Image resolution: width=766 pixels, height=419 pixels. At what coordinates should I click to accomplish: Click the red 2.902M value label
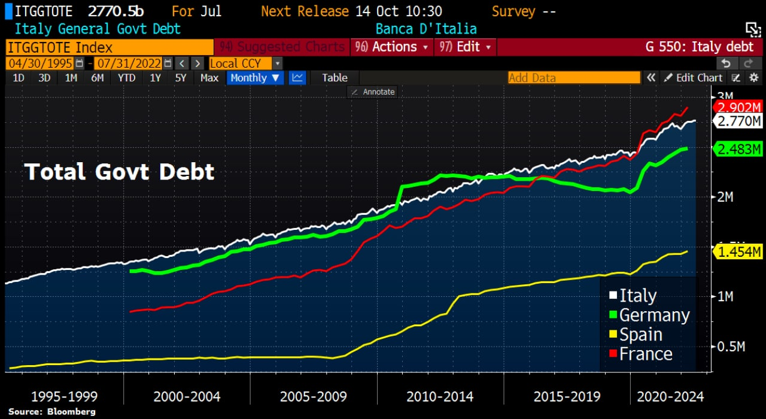pyautogui.click(x=739, y=107)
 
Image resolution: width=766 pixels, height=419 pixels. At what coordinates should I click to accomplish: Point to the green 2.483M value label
pyautogui.click(x=739, y=148)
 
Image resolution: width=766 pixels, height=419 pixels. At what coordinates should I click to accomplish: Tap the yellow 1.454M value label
pyautogui.click(x=739, y=252)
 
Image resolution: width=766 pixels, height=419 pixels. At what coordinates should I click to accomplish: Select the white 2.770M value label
pyautogui.click(x=739, y=122)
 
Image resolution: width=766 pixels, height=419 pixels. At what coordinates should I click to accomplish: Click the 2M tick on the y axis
pyautogui.click(x=725, y=197)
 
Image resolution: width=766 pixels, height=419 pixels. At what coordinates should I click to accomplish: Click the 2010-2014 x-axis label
pyautogui.click(x=440, y=396)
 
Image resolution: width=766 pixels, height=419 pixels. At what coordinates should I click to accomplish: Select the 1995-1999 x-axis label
pyautogui.click(x=64, y=396)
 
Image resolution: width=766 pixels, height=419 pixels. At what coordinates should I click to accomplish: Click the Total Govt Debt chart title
pyautogui.click(x=119, y=172)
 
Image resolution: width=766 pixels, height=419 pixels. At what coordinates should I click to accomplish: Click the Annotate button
pyautogui.click(x=373, y=92)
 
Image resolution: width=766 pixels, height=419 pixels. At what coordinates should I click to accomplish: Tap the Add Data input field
pyautogui.click(x=573, y=78)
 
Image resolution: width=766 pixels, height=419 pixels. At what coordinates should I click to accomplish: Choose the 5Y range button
pyautogui.click(x=180, y=78)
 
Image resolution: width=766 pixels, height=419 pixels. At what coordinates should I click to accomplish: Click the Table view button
pyautogui.click(x=335, y=78)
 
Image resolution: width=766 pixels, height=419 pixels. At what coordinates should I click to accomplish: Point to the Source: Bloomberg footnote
pyautogui.click(x=51, y=412)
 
